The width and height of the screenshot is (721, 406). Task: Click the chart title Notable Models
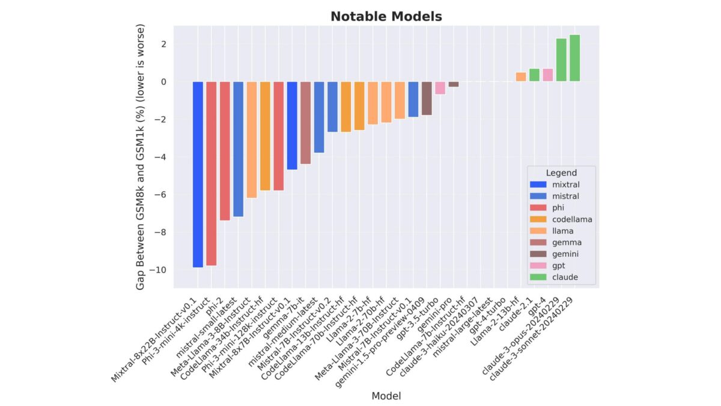[386, 17]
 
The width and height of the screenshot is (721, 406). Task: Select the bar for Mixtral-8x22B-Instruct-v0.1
[198, 174]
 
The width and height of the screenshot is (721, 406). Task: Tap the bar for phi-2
[225, 151]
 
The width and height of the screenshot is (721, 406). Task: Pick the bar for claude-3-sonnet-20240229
[574, 58]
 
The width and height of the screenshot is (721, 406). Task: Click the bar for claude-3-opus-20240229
[561, 60]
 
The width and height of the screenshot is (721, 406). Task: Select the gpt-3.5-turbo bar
[440, 88]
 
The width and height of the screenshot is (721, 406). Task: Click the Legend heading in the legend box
[561, 173]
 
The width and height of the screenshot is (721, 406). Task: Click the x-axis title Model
[386, 395]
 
